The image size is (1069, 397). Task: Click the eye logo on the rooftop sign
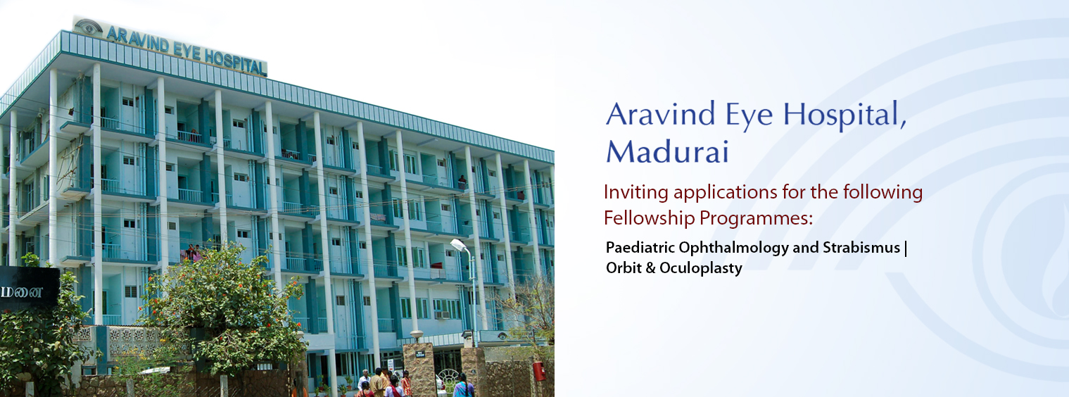(89, 27)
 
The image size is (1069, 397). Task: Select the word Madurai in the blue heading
(667, 152)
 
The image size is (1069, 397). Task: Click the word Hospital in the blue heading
(845, 115)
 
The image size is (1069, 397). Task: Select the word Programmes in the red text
(756, 219)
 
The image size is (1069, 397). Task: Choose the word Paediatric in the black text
(640, 247)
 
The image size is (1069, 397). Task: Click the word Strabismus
(861, 247)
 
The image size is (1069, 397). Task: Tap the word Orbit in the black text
(624, 267)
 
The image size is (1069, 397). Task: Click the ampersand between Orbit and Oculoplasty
(650, 267)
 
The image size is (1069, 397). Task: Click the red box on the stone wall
(539, 371)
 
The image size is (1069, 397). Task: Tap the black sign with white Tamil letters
(29, 289)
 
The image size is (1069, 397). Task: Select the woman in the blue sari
(462, 386)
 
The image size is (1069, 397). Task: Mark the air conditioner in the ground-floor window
(443, 315)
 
